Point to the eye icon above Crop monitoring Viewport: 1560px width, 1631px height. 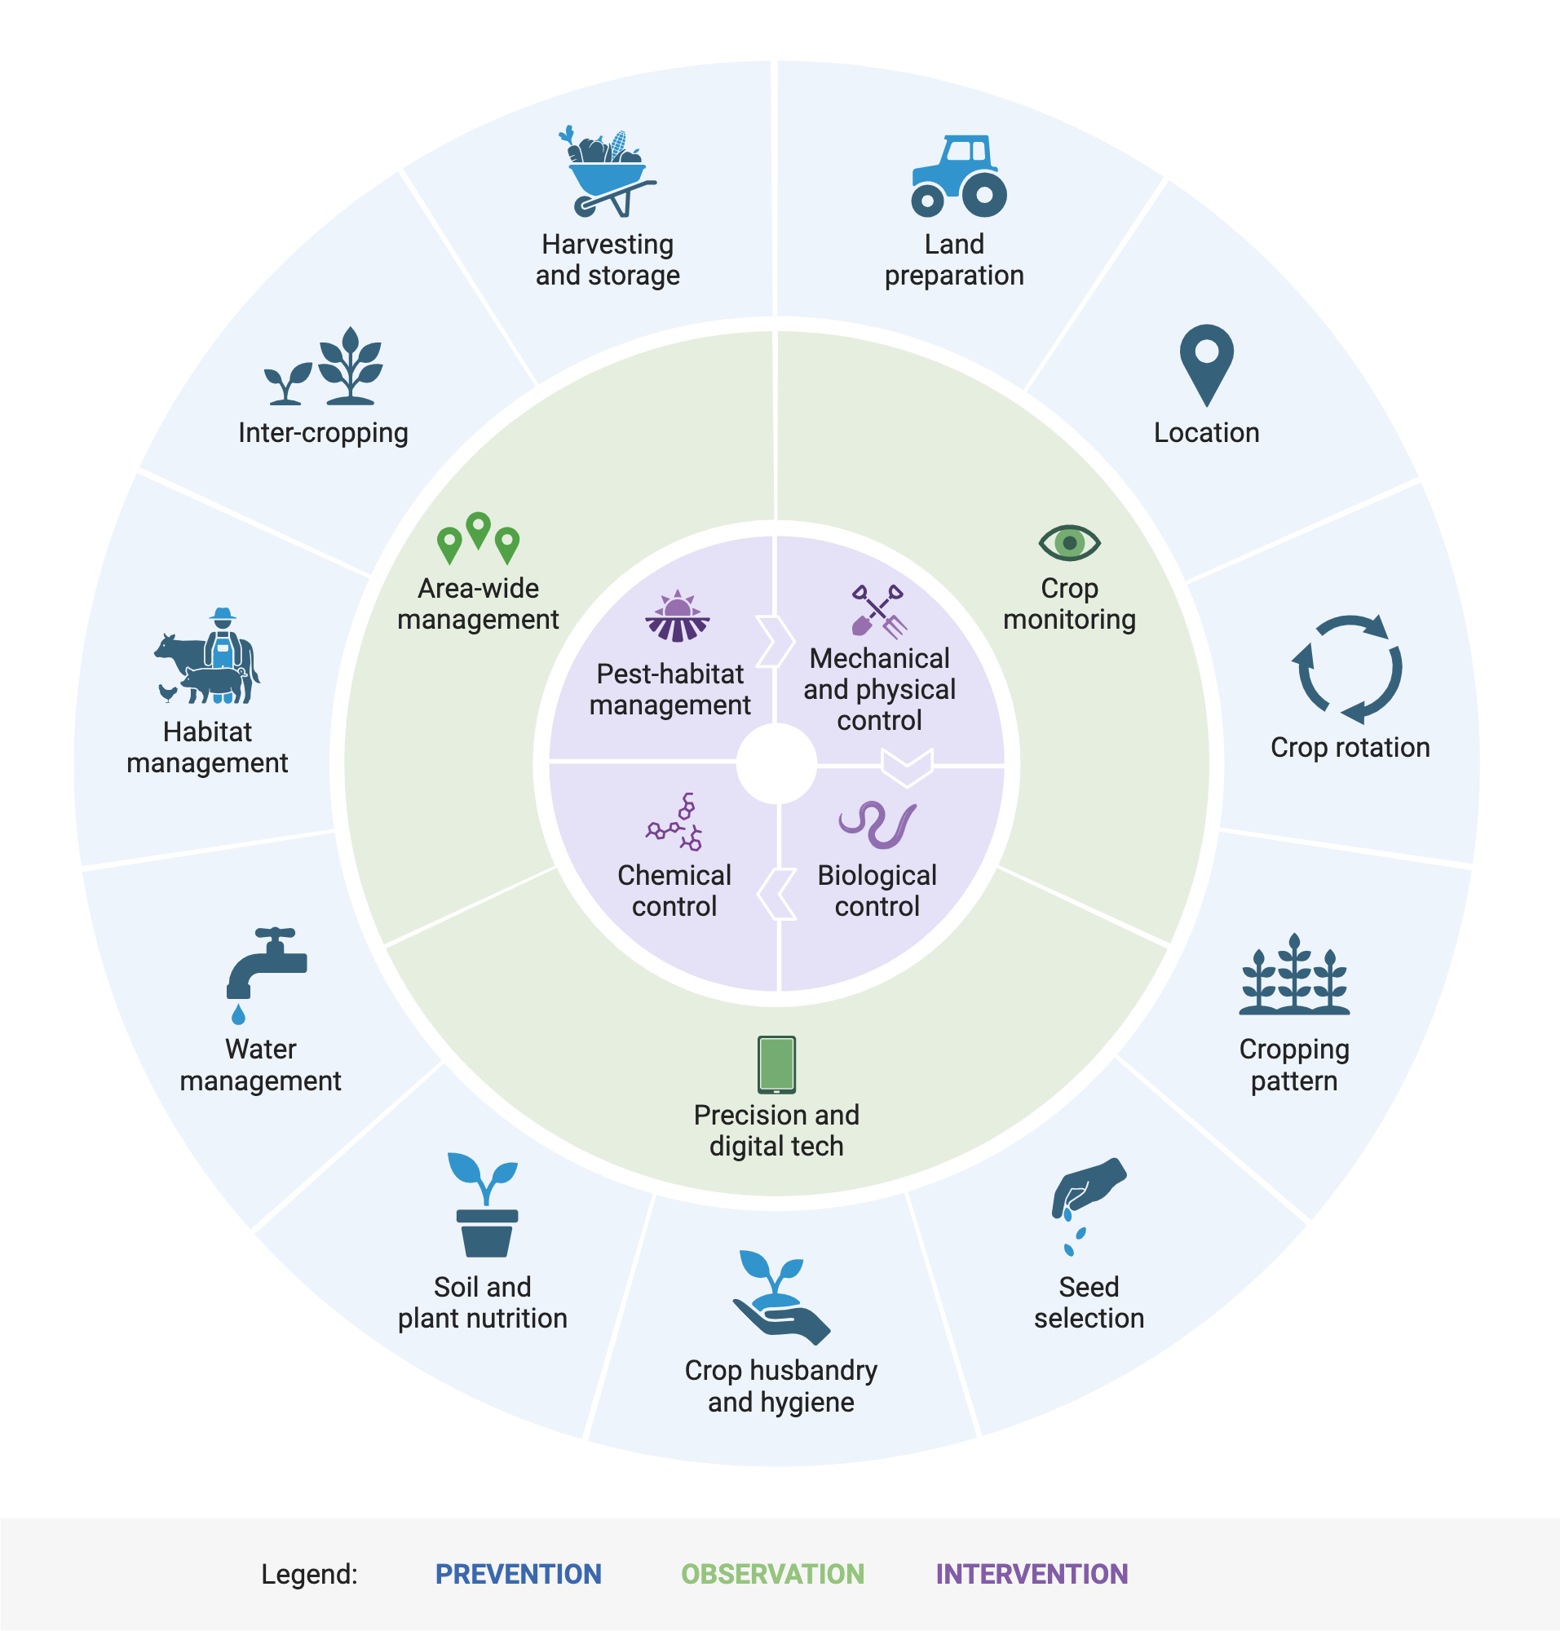1069,542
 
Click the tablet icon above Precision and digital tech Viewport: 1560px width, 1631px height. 776,1063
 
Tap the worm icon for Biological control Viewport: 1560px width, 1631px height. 877,824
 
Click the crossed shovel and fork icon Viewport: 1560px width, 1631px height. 879,611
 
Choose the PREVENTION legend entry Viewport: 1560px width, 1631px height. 518,1574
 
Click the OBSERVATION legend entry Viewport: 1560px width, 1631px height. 772,1574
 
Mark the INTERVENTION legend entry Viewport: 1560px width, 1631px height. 1031,1574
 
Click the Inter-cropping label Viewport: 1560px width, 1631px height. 323,432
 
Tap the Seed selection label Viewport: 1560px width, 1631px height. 1089,1302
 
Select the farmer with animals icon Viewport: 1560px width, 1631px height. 208,656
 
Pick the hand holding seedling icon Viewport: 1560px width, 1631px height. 778,1297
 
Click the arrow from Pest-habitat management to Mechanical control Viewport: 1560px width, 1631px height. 774,641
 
